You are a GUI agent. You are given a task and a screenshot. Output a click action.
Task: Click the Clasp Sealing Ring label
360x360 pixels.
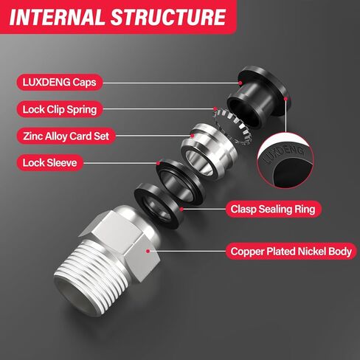pyautogui.click(x=271, y=210)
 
